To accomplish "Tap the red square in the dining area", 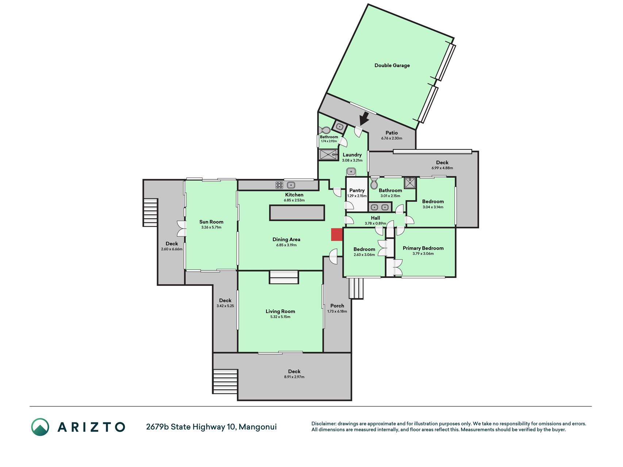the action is coord(337,235).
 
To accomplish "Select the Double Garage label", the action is coord(392,65).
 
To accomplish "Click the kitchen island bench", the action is coord(297,213).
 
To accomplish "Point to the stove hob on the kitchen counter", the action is coord(280,185).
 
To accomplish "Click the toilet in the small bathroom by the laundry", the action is coord(324,131).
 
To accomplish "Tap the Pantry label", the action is coord(357,190).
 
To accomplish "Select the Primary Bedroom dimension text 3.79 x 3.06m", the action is coord(423,254).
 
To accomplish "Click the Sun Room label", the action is coord(211,221).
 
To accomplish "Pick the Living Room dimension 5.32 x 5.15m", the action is coord(280,317).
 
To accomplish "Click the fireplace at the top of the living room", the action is coord(284,277).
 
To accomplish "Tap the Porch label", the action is coord(337,306).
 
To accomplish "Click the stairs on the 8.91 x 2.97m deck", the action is coord(225,381).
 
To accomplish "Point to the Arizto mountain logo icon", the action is coord(40,427).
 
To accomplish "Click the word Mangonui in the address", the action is coord(258,427).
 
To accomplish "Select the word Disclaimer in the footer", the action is coord(324,424).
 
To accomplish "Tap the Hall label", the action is coord(376,218).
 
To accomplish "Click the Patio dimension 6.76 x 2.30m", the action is coord(392,138).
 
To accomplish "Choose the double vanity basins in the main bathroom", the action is coord(380,208).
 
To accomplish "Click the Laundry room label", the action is coord(352,155).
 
